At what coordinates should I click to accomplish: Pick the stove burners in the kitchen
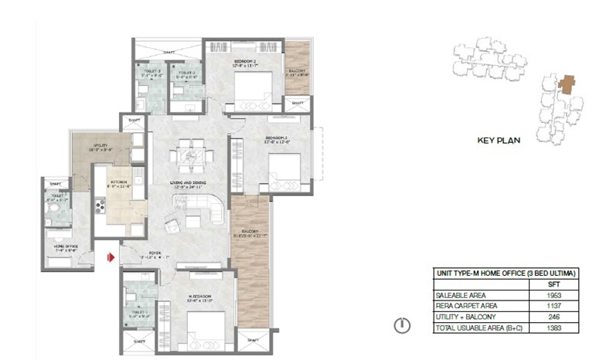pos(98,205)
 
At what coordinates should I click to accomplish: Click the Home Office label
pos(64,248)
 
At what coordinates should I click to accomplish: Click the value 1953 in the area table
pos(547,294)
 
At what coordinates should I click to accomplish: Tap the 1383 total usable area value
pos(547,328)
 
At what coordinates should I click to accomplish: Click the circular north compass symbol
pos(400,325)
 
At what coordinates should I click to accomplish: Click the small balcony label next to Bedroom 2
pos(297,73)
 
